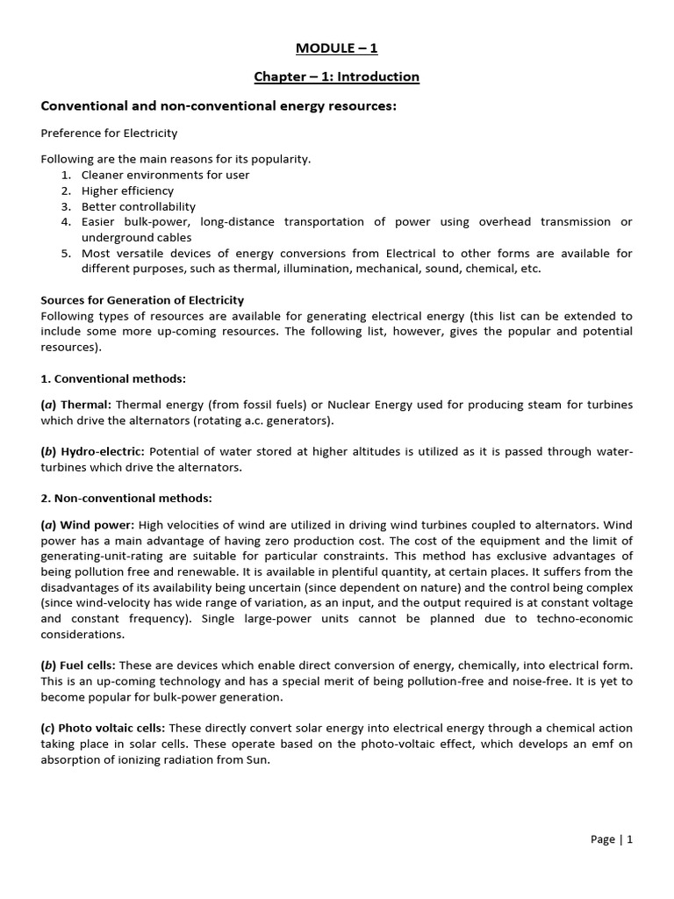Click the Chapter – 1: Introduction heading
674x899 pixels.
pyautogui.click(x=337, y=76)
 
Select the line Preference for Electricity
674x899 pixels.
pyautogui.click(x=110, y=133)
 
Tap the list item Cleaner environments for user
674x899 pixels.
pyautogui.click(x=165, y=175)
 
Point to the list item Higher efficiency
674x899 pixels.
pyautogui.click(x=128, y=191)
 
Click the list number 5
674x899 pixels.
pyautogui.click(x=65, y=254)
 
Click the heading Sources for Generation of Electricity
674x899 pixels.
pyautogui.click(x=143, y=300)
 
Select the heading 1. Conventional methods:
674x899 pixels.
pyautogui.click(x=114, y=378)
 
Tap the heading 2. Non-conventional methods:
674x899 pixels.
pyautogui.click(x=126, y=498)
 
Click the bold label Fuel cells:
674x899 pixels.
pyautogui.click(x=92, y=665)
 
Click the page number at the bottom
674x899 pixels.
pyautogui.click(x=612, y=839)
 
